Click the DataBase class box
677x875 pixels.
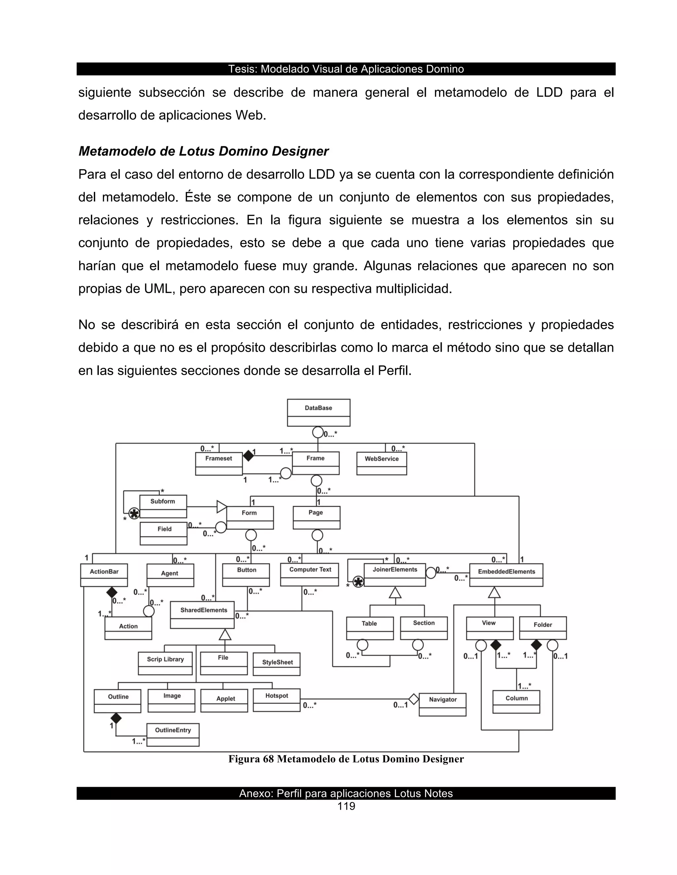point(318,412)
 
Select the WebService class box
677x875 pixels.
point(381,464)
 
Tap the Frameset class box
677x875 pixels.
point(219,464)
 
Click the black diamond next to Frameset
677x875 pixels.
point(249,456)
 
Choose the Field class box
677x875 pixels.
point(164,534)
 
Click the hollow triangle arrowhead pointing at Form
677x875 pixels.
point(221,507)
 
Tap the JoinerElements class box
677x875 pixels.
point(395,575)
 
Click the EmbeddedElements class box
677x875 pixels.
point(506,575)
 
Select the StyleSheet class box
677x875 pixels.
point(276,664)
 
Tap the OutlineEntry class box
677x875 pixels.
point(173,734)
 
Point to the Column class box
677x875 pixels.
point(516,702)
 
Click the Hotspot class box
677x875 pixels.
point(276,700)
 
